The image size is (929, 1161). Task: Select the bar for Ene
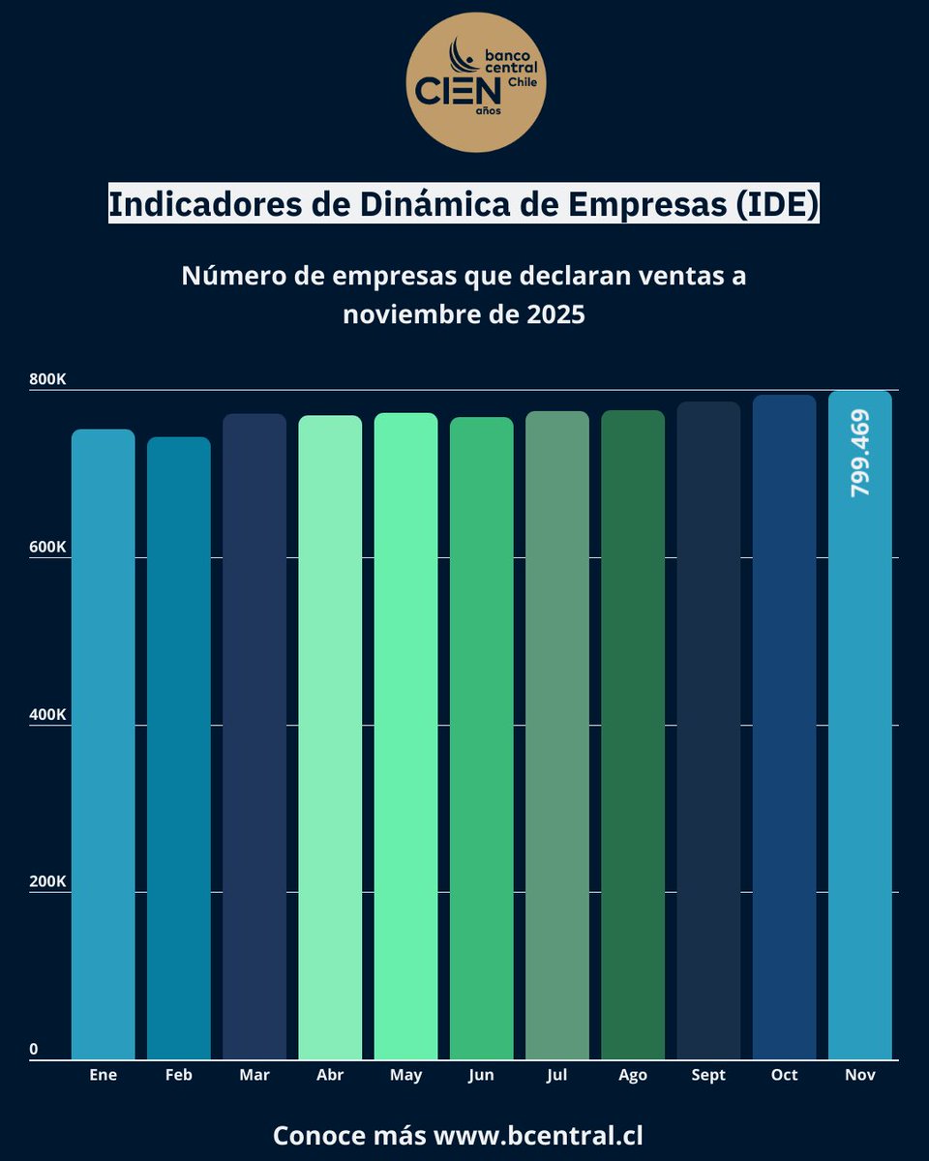click(x=104, y=745)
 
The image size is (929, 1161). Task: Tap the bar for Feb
click(x=179, y=750)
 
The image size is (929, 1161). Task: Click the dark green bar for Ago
click(x=633, y=735)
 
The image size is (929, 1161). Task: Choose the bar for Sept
click(x=708, y=730)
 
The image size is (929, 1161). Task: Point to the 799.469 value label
click(x=859, y=454)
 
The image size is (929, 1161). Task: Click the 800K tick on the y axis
click(x=47, y=379)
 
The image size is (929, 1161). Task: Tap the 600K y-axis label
click(x=47, y=547)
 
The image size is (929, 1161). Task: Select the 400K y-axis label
click(x=47, y=715)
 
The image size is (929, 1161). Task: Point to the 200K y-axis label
click(x=47, y=882)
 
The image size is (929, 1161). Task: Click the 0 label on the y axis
click(x=33, y=1050)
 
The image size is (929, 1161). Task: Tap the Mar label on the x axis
click(x=255, y=1075)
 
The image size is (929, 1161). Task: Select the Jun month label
click(x=481, y=1075)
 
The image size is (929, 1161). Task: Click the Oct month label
click(x=784, y=1075)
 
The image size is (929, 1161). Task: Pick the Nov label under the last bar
click(x=859, y=1075)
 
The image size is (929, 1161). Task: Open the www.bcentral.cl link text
click(x=538, y=1135)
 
